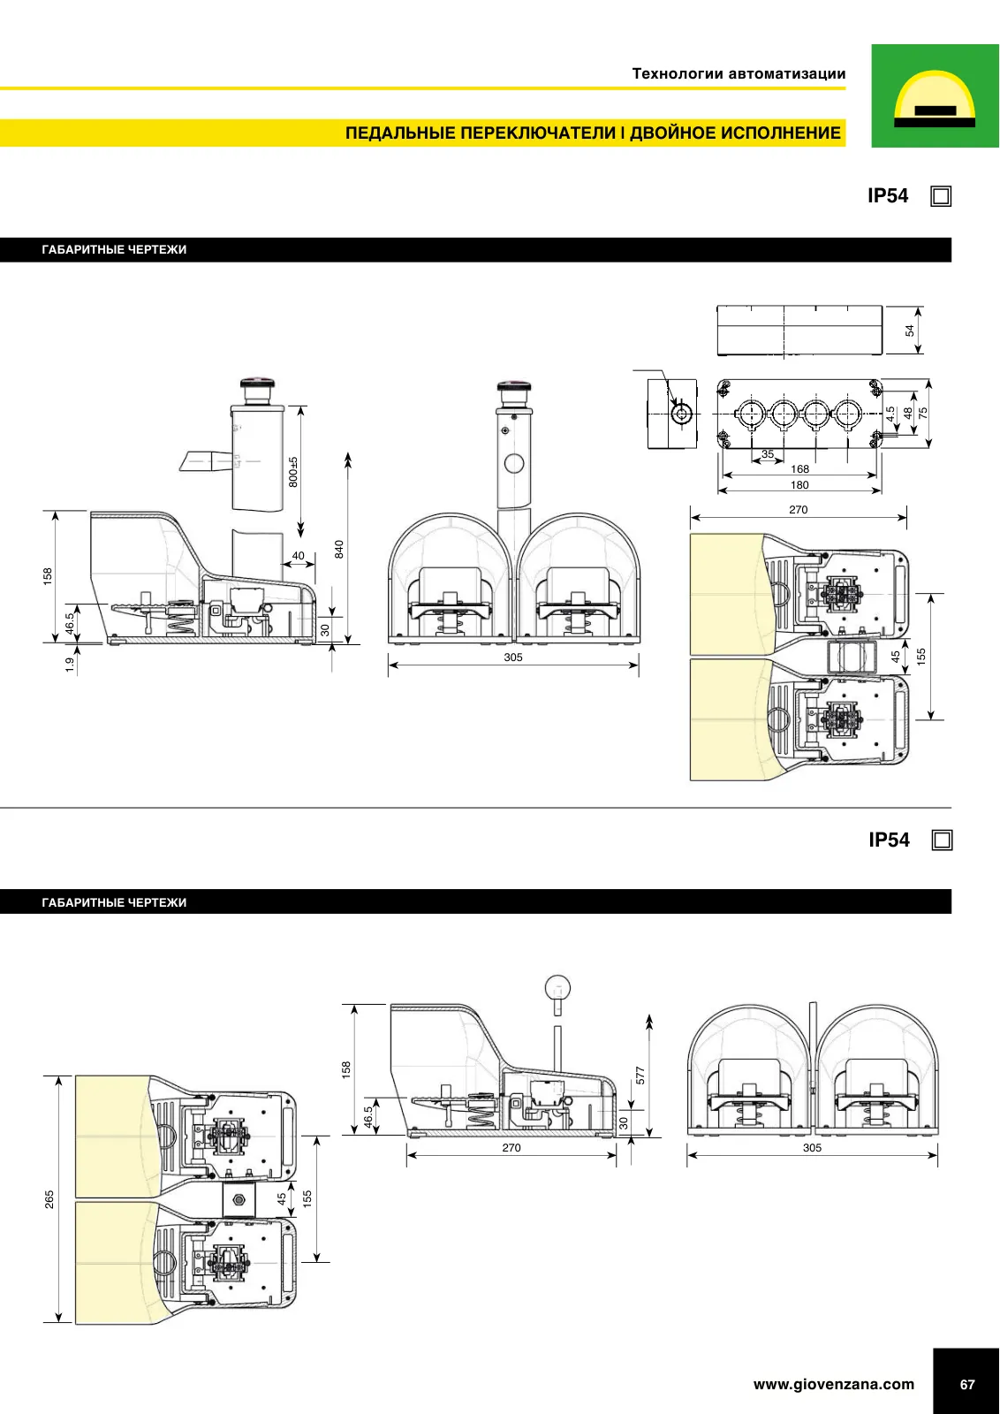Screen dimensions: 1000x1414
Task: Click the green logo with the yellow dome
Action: (935, 95)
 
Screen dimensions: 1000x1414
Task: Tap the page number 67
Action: (967, 1384)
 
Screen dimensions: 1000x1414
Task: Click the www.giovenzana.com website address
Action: (833, 1384)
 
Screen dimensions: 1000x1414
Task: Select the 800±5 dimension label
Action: (293, 472)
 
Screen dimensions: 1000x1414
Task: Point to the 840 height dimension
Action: (339, 549)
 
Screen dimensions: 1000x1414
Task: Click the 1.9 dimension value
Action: (70, 664)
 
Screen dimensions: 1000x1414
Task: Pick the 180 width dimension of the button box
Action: (799, 485)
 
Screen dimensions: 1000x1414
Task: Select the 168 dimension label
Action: (799, 469)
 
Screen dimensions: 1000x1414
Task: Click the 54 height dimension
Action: (909, 331)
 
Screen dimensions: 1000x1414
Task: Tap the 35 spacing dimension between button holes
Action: (767, 454)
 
